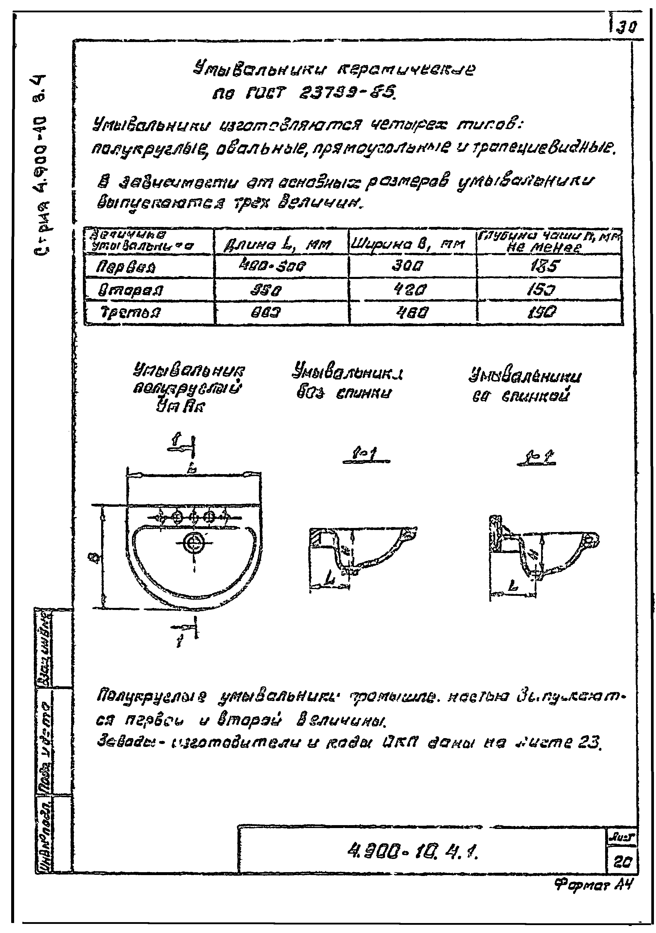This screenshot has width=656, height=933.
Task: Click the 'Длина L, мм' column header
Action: pyautogui.click(x=277, y=245)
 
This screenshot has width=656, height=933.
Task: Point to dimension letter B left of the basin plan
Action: pyautogui.click(x=96, y=560)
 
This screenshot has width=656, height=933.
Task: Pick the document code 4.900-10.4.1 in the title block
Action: pyautogui.click(x=412, y=850)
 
